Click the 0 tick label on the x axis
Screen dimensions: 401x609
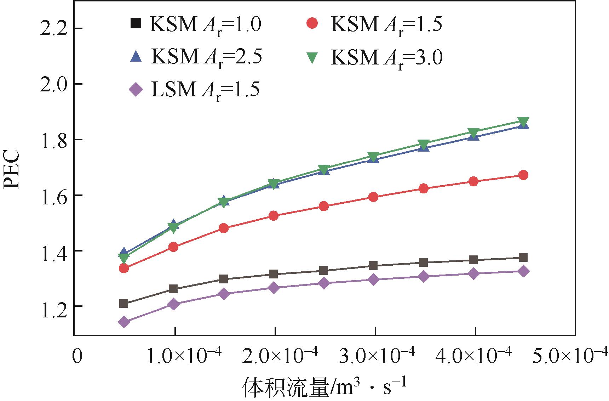(77, 357)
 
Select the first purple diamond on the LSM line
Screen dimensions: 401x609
(124, 322)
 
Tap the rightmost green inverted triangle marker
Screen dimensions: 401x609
(523, 121)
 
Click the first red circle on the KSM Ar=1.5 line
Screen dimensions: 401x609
(124, 268)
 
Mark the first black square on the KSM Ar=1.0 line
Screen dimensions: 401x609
(124, 303)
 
